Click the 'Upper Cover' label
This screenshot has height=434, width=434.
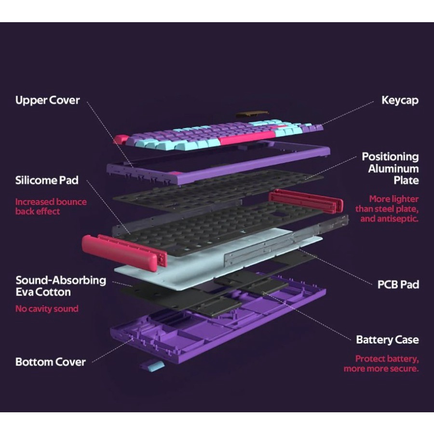[x=47, y=101]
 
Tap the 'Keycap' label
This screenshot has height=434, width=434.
[x=400, y=100]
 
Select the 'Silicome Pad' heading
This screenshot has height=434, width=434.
[x=47, y=181]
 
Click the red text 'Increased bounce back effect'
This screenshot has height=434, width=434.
[x=51, y=206]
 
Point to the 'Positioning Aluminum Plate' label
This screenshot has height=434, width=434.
[x=390, y=168]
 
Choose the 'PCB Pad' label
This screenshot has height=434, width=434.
[x=398, y=285]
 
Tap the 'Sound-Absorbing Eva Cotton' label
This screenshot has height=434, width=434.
[x=60, y=286]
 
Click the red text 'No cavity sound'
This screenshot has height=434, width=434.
[x=47, y=309]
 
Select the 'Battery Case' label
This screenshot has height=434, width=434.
[x=387, y=340]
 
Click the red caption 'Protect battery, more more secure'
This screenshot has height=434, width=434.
[x=381, y=364]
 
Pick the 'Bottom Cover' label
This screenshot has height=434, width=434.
[x=51, y=362]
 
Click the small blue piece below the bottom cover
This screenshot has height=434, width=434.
[x=152, y=365]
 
